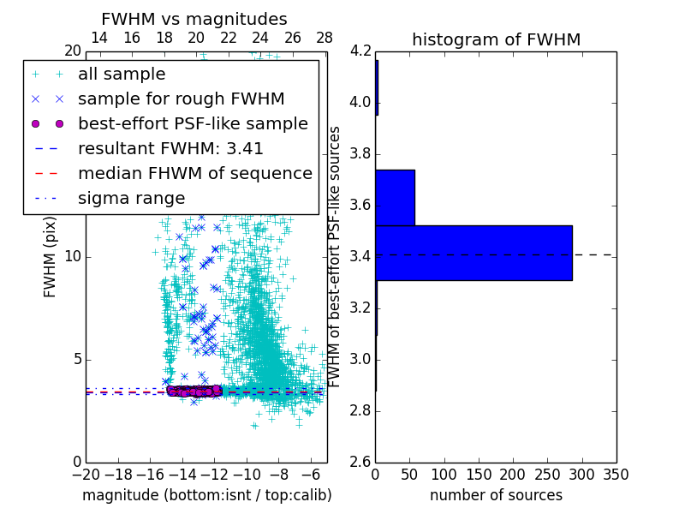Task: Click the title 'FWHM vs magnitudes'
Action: [x=194, y=19]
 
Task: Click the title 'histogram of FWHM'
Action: [x=496, y=39]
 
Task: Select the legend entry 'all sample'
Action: [x=122, y=75]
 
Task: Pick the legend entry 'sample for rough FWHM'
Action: [x=181, y=99]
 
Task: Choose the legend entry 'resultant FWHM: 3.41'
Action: [x=170, y=148]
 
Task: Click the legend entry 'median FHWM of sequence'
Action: [x=194, y=173]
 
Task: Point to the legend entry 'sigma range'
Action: [x=131, y=198]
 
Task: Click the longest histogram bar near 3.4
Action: [x=474, y=253]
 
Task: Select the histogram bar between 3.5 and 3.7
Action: [x=395, y=197]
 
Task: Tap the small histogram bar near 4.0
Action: [x=377, y=87]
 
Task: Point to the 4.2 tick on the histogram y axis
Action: [x=360, y=51]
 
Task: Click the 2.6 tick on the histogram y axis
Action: [x=360, y=462]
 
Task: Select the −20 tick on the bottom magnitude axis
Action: [x=86, y=475]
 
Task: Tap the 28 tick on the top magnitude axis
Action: [x=325, y=38]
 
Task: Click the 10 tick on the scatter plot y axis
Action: [x=73, y=257]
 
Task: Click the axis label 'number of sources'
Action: [x=496, y=495]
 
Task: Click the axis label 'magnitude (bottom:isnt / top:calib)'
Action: [x=206, y=495]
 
